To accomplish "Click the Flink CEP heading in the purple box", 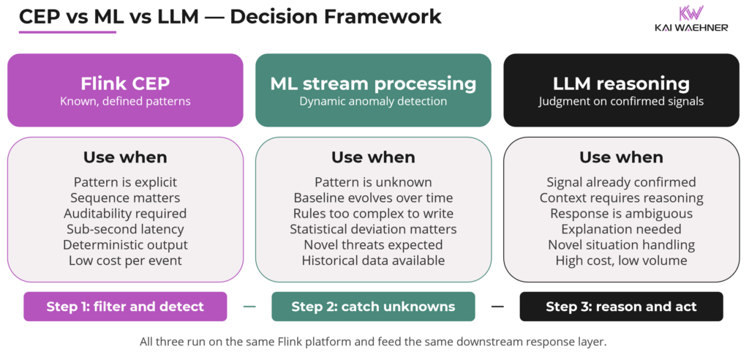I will point(125,83).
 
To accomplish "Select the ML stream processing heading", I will point(373,83).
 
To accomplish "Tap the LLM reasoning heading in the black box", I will point(621,83).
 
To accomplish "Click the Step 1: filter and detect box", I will point(125,307).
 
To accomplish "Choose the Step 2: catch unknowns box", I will point(373,307).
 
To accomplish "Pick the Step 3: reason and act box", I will point(621,307).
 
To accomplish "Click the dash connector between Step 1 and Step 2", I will point(249,307).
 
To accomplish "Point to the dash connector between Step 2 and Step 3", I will point(497,307).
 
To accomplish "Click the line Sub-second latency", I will point(125,229).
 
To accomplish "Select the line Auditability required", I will point(125,214).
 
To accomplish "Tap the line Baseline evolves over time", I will point(373,198).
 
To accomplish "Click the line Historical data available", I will point(373,260).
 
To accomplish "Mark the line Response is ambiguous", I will point(621,214).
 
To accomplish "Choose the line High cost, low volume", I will point(621,260).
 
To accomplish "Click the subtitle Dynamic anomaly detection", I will point(373,102).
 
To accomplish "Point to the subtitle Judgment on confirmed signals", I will point(621,102).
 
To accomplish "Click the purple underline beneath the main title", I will point(67,31).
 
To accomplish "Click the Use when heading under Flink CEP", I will point(125,157).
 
